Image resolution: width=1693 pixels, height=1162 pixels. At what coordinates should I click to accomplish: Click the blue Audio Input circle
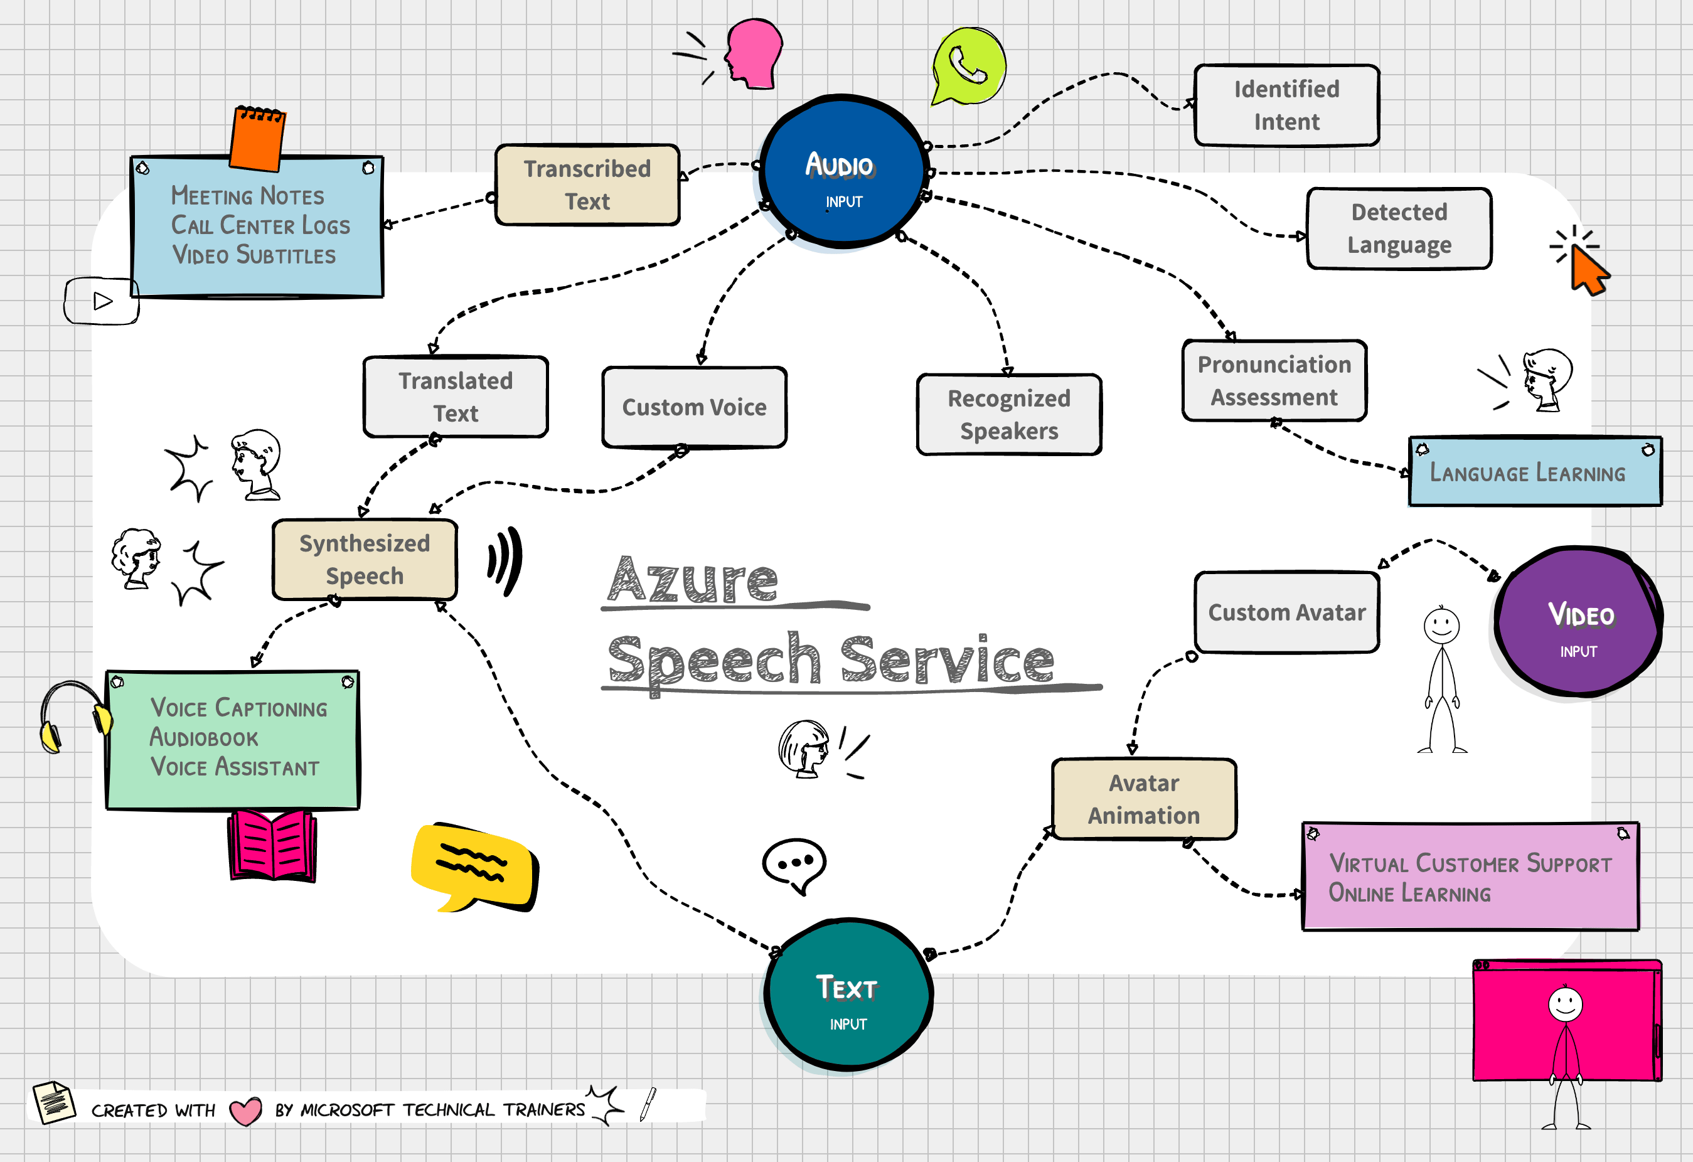click(843, 173)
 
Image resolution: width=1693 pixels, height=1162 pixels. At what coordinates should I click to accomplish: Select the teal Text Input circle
click(847, 995)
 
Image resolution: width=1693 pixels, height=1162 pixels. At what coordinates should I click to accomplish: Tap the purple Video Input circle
click(1579, 623)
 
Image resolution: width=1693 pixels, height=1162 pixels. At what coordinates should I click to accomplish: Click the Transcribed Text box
click(587, 185)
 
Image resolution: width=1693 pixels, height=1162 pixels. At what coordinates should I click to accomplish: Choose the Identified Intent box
click(1286, 105)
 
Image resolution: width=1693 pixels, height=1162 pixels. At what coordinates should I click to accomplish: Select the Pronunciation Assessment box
click(1274, 380)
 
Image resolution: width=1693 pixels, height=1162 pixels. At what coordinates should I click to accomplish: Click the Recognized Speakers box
click(1009, 415)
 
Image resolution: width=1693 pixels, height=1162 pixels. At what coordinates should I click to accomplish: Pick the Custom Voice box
click(694, 407)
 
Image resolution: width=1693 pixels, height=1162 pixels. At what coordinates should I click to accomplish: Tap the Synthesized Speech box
click(365, 560)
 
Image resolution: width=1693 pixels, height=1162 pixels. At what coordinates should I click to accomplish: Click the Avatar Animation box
click(1144, 799)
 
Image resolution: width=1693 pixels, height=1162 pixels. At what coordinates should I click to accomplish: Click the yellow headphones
click(73, 717)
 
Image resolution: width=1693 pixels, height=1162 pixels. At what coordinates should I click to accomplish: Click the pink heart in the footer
click(245, 1111)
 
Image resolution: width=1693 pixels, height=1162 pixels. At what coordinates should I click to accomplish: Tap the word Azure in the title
click(693, 580)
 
